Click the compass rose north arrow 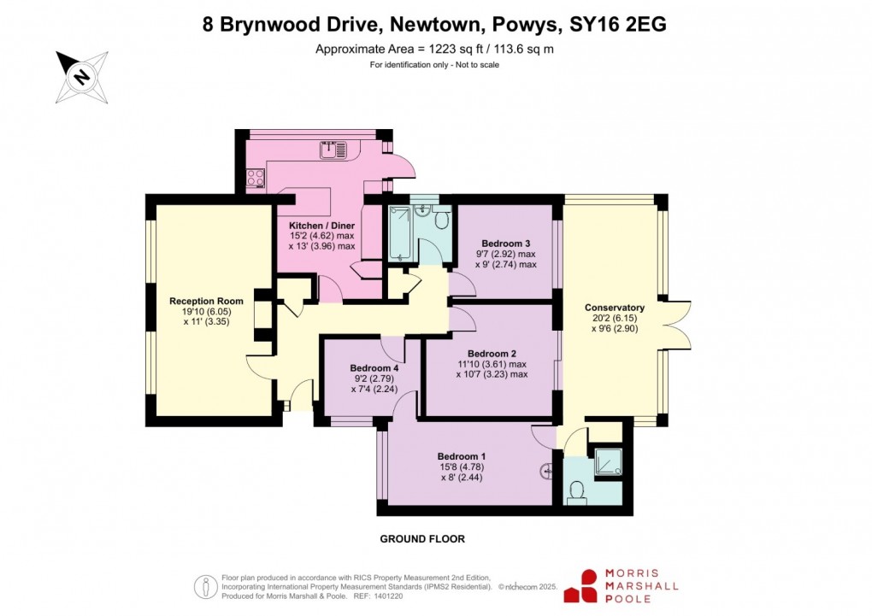point(82,76)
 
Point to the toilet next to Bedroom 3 point(442,220)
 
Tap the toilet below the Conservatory point(577,491)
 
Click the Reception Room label point(206,301)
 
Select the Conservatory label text point(614,308)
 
